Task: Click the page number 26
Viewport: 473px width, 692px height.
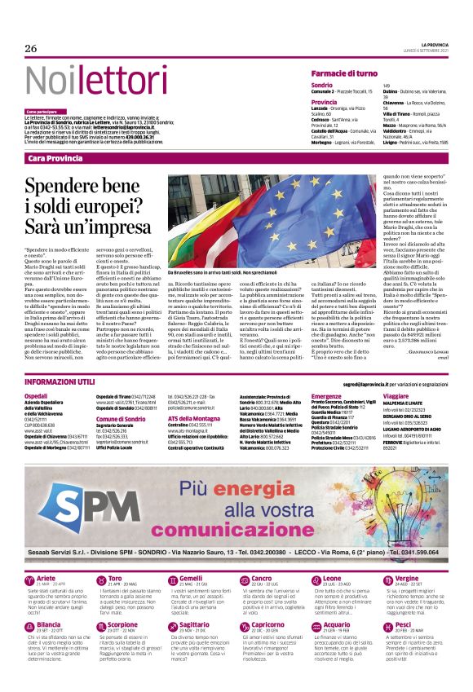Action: pos(31,49)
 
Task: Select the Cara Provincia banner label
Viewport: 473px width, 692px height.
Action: pos(55,157)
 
